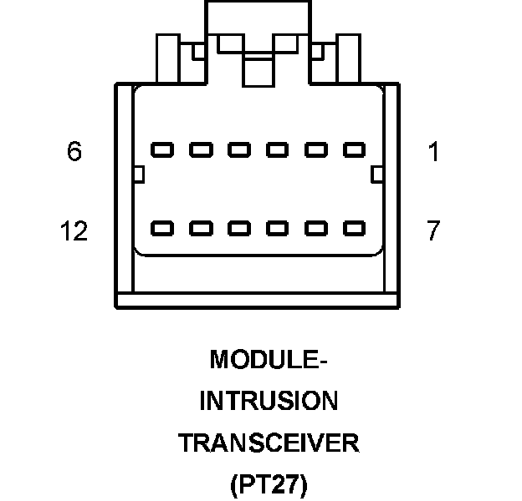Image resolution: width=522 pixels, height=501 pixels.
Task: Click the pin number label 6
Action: tap(74, 153)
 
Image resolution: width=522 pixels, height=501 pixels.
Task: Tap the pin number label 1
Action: tap(432, 153)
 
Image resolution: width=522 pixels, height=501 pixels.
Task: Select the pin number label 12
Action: tap(74, 231)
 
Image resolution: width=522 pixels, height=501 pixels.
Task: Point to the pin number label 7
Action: tap(432, 231)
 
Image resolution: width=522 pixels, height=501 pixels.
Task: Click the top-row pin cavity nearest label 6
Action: tap(162, 150)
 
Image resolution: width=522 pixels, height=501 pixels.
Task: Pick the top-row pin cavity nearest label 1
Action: tap(355, 150)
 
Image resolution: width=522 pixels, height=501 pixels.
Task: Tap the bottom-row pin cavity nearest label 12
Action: tap(162, 227)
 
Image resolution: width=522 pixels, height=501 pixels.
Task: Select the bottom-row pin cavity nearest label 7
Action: tap(355, 227)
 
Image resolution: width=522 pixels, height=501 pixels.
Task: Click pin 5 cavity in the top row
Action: tap(201, 150)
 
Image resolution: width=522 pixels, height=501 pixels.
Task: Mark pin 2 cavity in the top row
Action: tap(316, 150)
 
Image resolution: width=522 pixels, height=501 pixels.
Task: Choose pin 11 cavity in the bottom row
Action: tap(201, 227)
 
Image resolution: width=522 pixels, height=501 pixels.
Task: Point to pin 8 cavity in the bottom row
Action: tap(316, 227)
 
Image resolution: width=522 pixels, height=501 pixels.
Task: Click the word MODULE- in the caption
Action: tap(268, 360)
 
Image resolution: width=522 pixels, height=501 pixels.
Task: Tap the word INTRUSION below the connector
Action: tap(268, 402)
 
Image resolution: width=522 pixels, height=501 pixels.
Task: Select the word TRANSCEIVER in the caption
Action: tap(268, 443)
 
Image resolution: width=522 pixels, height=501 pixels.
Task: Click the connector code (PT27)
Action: tap(268, 484)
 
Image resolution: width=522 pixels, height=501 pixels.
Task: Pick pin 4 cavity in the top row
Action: tap(239, 150)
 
